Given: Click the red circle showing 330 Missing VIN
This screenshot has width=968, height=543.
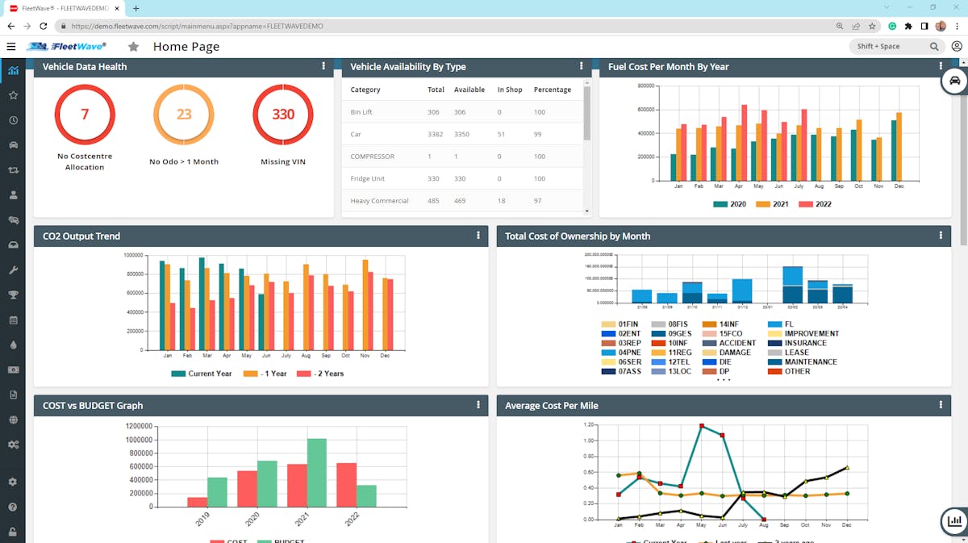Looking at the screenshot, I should (283, 115).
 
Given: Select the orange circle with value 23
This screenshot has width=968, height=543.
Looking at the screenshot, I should (184, 115).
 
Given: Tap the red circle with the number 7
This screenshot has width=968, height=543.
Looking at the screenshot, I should (85, 115).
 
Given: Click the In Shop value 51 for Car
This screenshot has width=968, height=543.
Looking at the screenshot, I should (502, 134).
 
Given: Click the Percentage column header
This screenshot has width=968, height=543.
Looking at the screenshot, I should (552, 90).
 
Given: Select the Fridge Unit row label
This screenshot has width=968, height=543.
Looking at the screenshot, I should (368, 178).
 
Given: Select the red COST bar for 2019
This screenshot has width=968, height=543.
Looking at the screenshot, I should (197, 502).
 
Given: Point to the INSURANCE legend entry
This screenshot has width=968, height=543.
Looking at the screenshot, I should (804, 343).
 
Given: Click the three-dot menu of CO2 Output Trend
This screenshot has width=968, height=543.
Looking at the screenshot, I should (478, 236).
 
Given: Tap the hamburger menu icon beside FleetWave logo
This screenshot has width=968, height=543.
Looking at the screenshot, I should (11, 47).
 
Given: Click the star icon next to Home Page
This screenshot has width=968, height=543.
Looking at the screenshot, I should (134, 47).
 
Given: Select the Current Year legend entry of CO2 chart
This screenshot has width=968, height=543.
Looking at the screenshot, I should (205, 374).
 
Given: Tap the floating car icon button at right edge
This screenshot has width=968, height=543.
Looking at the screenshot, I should (954, 81).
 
